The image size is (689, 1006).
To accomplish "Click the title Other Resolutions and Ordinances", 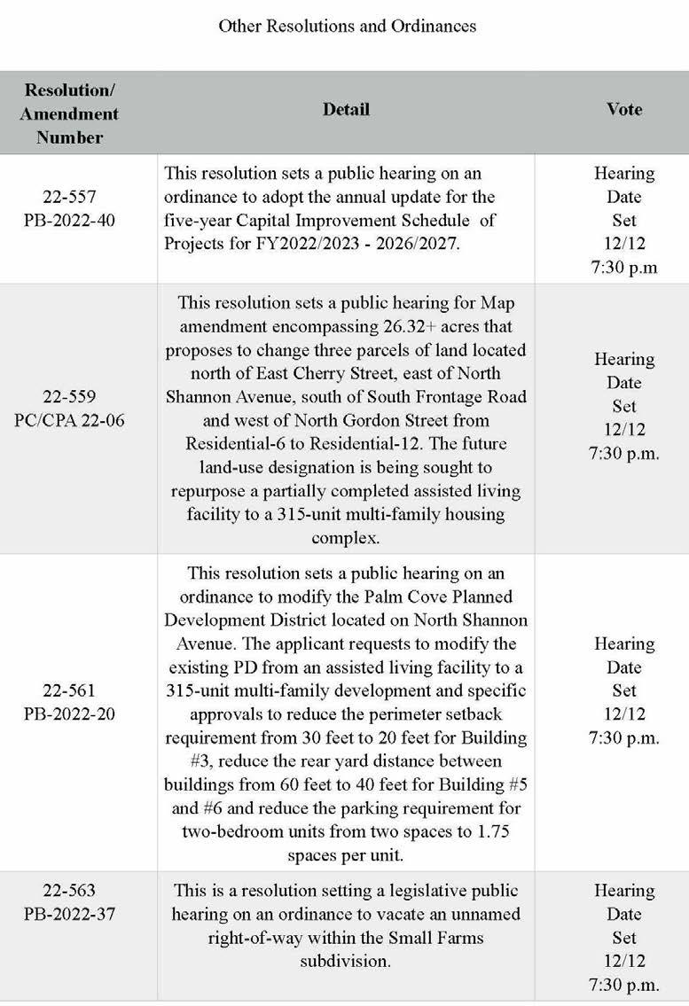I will (x=347, y=27).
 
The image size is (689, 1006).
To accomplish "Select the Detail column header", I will (x=346, y=110).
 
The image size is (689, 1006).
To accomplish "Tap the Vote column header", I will (x=624, y=110).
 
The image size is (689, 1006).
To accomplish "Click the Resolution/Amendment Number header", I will (x=70, y=113).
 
